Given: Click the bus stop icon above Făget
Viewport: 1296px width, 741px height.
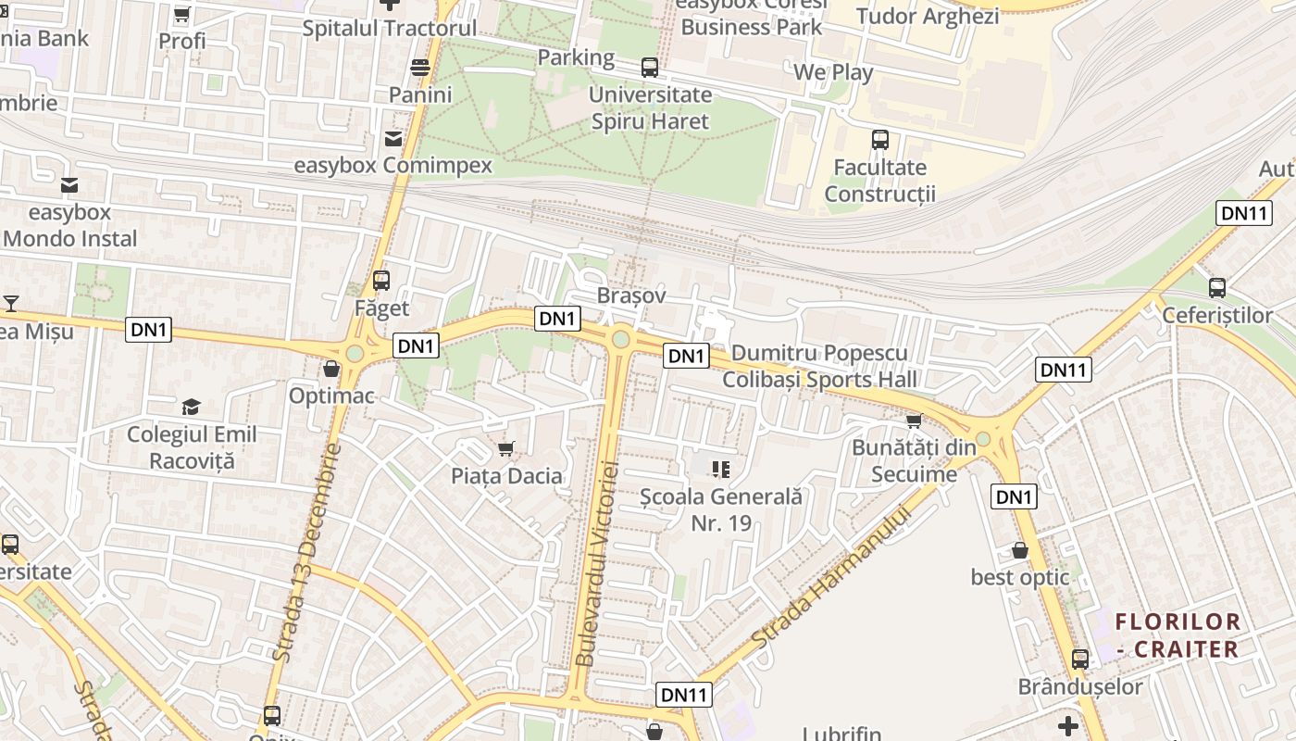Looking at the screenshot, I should click(x=380, y=280).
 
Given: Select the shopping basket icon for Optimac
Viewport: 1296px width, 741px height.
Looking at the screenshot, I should click(x=331, y=369).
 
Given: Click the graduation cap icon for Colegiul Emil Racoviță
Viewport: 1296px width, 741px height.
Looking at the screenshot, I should click(x=191, y=407).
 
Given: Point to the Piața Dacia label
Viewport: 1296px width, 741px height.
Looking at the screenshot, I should click(x=506, y=476).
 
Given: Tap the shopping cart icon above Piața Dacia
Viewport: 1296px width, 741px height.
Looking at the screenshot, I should click(x=505, y=449).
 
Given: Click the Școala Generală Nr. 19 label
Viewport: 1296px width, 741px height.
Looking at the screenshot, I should click(x=721, y=509).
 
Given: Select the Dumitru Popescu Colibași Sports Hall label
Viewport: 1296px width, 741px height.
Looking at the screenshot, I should click(x=819, y=367).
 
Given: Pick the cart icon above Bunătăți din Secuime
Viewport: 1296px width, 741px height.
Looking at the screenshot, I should click(x=914, y=421).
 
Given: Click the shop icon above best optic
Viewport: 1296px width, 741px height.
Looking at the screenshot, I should click(x=1020, y=550).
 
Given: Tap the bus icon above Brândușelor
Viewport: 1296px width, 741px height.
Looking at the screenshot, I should click(x=1079, y=659).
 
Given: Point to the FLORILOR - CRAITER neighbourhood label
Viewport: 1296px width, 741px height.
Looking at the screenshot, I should click(x=1178, y=635).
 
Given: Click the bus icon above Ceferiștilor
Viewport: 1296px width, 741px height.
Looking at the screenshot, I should click(x=1217, y=288).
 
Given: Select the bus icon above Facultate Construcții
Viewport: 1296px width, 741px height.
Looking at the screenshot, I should click(x=880, y=140).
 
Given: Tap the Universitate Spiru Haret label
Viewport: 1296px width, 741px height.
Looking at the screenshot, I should click(x=650, y=107).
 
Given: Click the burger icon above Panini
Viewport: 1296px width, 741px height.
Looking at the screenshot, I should click(x=420, y=67).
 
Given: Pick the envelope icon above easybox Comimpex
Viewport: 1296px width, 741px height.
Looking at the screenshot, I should click(x=393, y=139).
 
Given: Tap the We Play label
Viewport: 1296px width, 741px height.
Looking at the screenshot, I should click(x=833, y=72).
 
